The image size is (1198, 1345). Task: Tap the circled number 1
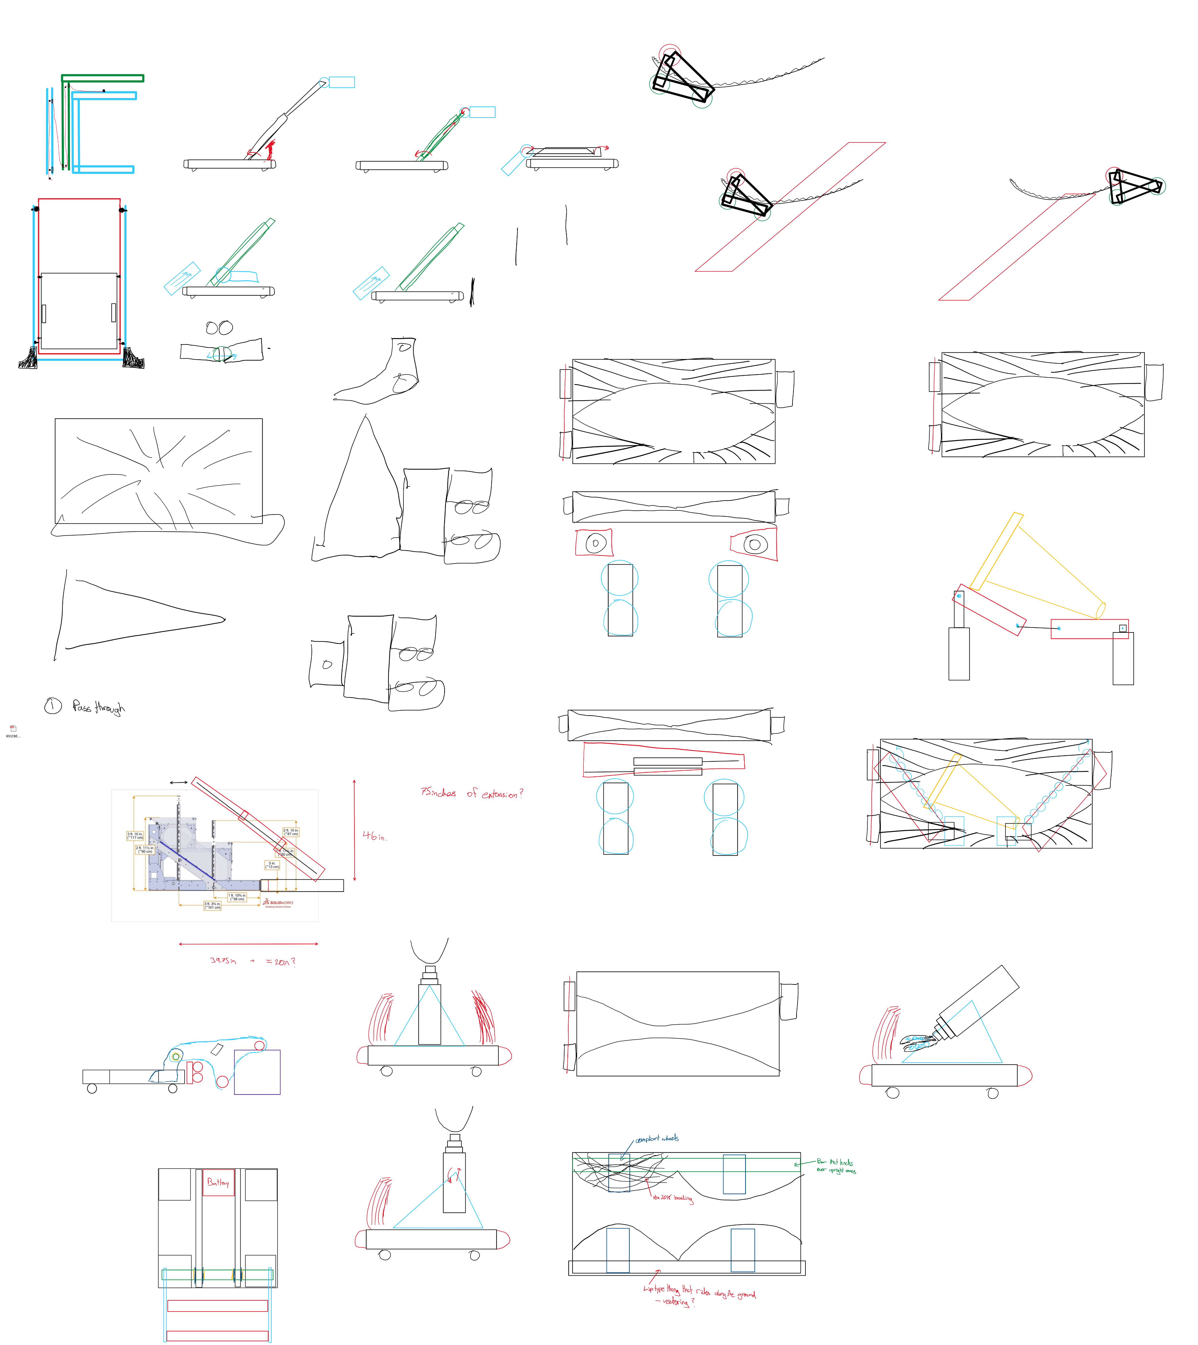(53, 706)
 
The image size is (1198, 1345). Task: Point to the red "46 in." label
(374, 836)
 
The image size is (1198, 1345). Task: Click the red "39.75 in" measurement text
(223, 961)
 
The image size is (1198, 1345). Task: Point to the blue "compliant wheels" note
(657, 1138)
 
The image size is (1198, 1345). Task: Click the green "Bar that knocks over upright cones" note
(836, 1166)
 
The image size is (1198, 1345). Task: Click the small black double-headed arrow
(179, 782)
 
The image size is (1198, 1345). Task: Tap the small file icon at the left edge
(12, 729)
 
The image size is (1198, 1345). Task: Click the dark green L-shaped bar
(102, 78)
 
